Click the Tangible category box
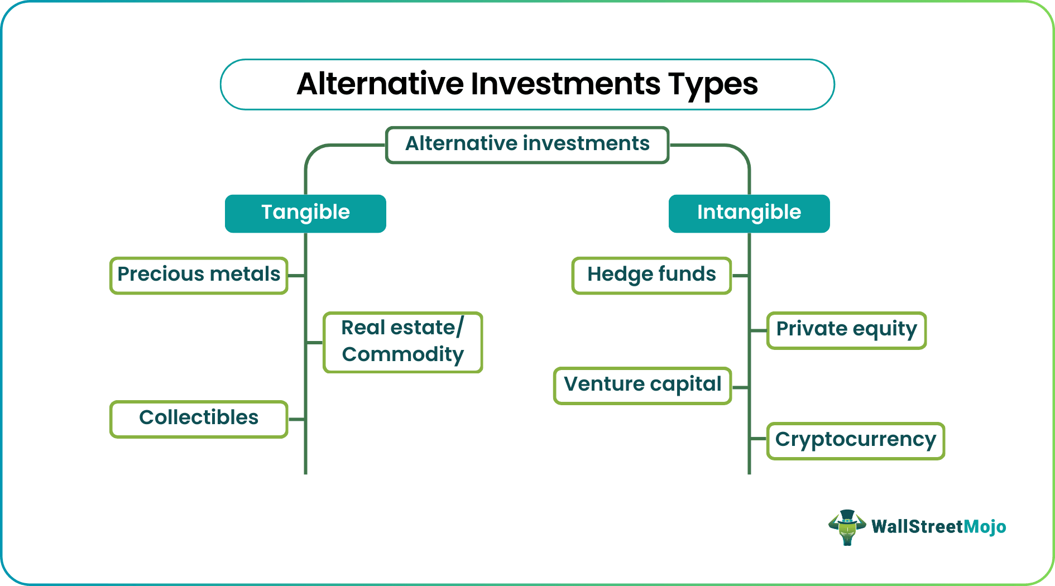tap(305, 213)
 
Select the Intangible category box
tap(749, 213)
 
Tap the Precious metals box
tap(199, 275)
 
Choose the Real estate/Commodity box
tap(402, 342)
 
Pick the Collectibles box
tap(199, 419)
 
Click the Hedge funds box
tap(651, 275)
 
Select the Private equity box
tap(846, 330)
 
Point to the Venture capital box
tap(642, 385)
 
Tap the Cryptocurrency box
tap(855, 440)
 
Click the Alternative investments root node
tap(527, 145)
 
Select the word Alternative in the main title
tap(380, 84)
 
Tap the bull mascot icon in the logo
tap(847, 527)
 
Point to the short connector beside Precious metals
tap(296, 276)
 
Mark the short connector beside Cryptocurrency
tap(758, 439)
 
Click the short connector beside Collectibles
tap(296, 419)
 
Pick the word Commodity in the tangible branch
tap(402, 355)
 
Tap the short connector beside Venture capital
tap(740, 387)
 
